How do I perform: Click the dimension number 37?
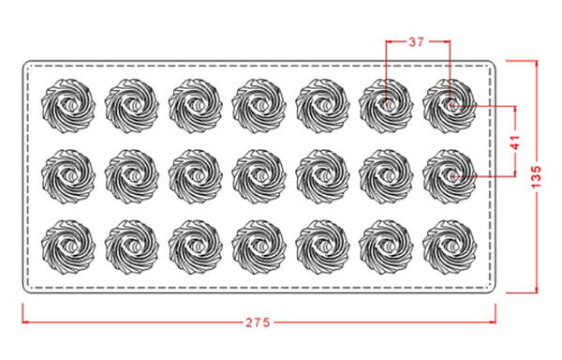416,42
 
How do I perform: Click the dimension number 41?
514,142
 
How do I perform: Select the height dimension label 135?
536,176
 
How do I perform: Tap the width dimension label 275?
258,322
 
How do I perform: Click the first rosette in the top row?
68,106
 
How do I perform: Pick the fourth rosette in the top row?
259,106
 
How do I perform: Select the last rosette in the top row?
450,106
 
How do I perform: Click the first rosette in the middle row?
68,177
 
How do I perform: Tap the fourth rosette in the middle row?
259,177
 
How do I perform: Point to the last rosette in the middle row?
450,177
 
